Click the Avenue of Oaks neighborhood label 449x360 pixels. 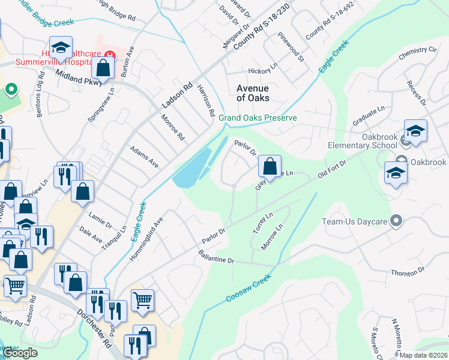(x=253, y=93)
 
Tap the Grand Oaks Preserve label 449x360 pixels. (x=258, y=118)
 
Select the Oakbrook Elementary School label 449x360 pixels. (x=363, y=140)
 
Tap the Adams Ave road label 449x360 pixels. (x=144, y=155)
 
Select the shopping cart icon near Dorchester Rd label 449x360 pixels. (x=142, y=300)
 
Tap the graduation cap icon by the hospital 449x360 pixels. (x=61, y=47)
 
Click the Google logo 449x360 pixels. (x=21, y=353)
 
